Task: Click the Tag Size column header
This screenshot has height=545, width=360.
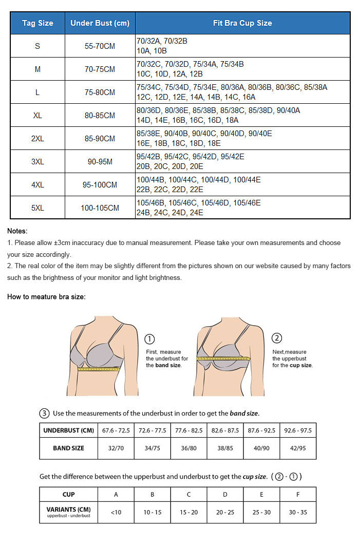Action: tap(37, 23)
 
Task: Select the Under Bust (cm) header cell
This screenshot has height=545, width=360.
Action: tap(100, 23)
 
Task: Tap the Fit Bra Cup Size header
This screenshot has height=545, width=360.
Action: tap(242, 23)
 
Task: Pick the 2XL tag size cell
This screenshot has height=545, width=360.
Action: tap(37, 139)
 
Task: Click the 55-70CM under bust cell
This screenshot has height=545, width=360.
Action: tap(100, 46)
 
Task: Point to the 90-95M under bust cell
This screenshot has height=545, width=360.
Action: tap(100, 162)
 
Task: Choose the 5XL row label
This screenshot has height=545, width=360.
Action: tap(37, 208)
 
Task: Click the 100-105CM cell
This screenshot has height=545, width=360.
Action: tap(100, 208)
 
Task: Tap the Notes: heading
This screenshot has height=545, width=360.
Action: tap(17, 231)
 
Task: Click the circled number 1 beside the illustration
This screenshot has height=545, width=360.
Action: tap(150, 339)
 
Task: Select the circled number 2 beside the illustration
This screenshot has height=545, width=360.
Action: tap(277, 338)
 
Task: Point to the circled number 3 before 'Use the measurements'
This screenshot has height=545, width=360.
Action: tap(44, 413)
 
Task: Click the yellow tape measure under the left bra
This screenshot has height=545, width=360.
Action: tap(99, 368)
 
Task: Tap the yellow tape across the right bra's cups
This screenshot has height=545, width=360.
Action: tap(223, 358)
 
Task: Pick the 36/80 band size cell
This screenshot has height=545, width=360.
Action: tap(188, 448)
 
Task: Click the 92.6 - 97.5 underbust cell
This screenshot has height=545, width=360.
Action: tap(298, 430)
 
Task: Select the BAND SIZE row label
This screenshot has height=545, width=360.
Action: tap(68, 448)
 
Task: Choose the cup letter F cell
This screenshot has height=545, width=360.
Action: tap(298, 494)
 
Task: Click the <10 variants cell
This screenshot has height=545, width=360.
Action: tap(116, 512)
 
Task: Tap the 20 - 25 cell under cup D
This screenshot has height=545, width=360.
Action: tap(225, 512)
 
